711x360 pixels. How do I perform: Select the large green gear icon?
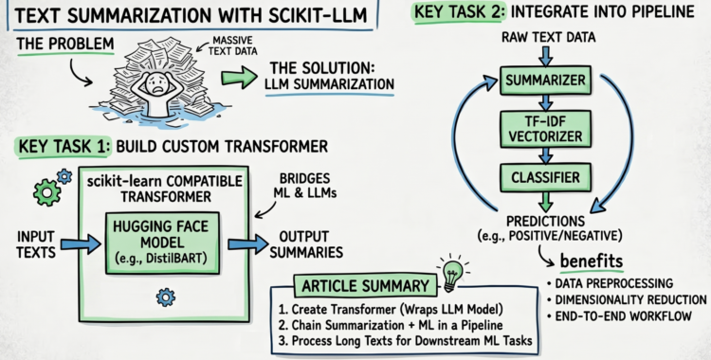tap(46, 192)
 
